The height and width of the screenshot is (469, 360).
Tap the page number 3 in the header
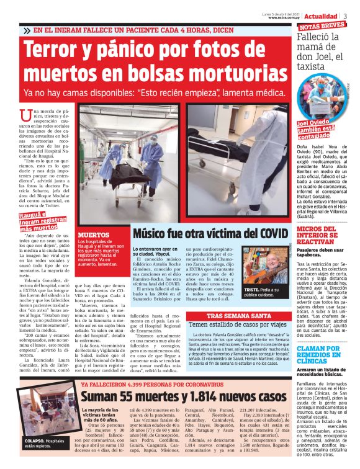(x=346, y=16)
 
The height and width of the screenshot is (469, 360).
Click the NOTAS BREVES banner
(x=321, y=26)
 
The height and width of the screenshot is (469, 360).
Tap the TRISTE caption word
(x=252, y=290)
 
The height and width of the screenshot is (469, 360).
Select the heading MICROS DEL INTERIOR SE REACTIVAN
(x=317, y=236)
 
